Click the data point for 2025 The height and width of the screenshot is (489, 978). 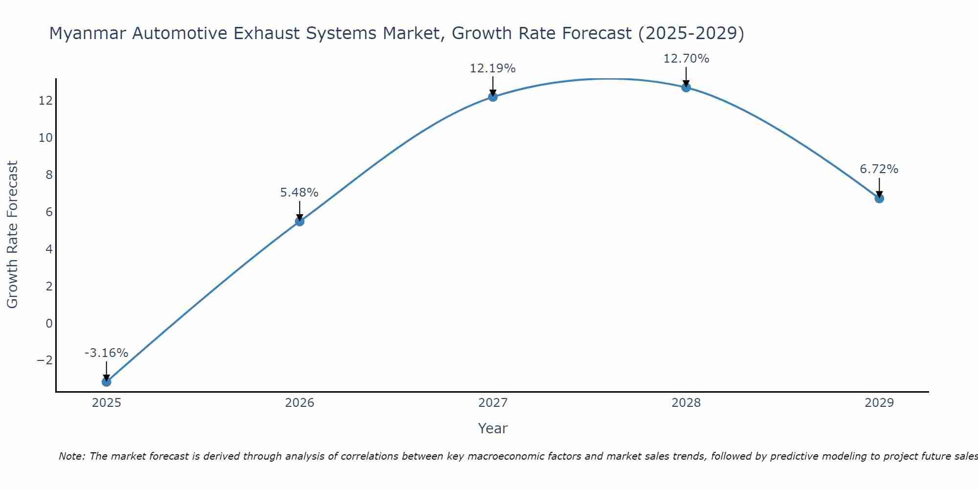[106, 381]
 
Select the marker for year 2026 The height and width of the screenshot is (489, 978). [300, 222]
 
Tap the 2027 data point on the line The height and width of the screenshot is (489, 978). [493, 97]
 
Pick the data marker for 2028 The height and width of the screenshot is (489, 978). [686, 88]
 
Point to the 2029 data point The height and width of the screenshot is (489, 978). [879, 199]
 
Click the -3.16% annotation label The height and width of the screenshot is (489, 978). [106, 353]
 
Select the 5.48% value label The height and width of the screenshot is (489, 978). [299, 193]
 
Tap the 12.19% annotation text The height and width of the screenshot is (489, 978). [492, 68]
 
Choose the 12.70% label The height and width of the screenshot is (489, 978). [686, 59]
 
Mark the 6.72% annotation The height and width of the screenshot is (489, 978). [879, 169]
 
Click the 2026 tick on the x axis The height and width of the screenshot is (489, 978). [300, 403]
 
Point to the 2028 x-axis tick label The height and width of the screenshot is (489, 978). [686, 403]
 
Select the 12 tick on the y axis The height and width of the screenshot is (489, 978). [45, 101]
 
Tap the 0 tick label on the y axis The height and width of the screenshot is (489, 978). [49, 323]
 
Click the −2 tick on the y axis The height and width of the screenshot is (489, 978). [44, 360]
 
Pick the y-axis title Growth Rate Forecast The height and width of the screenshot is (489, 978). [12, 235]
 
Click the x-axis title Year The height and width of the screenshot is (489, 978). [492, 428]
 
